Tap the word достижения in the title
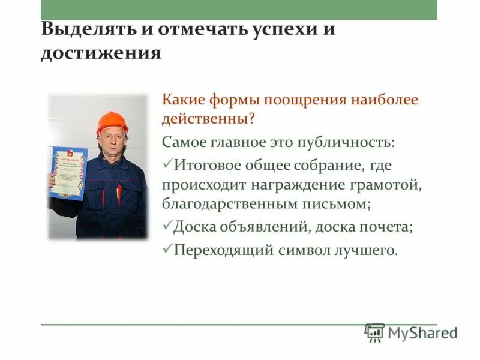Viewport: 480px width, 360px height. click(x=101, y=53)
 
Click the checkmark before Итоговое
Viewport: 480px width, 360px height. click(x=167, y=164)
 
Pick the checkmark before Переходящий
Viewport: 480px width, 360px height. click(x=167, y=248)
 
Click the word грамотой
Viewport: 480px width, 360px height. click(x=391, y=185)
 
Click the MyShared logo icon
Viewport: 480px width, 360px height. click(x=374, y=332)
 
